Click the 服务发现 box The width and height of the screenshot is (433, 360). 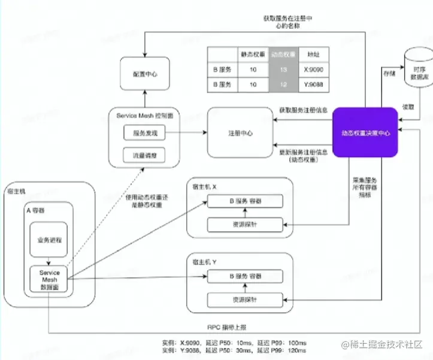pos(144,132)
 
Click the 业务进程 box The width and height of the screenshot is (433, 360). pos(50,240)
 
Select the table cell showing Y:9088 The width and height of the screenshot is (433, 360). pos(314,84)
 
